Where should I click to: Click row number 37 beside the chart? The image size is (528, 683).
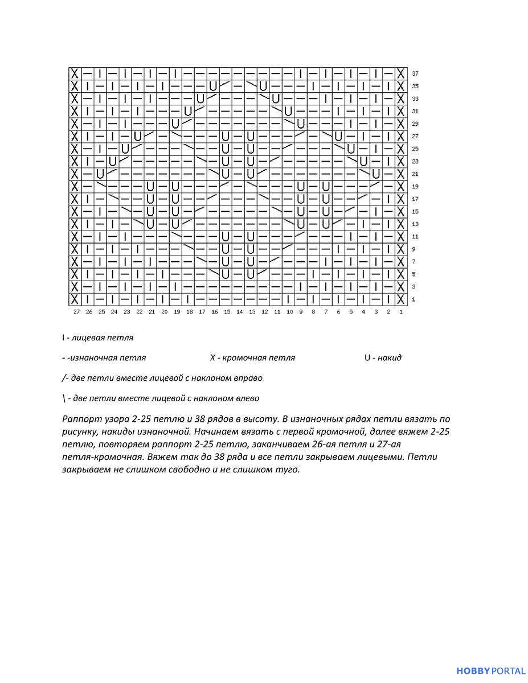click(x=415, y=74)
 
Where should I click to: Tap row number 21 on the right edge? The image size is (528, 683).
click(x=415, y=174)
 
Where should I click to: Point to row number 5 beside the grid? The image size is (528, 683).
click(x=414, y=274)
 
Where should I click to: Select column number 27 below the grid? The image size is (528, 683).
click(x=76, y=312)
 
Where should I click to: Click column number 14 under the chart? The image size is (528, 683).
click(x=239, y=312)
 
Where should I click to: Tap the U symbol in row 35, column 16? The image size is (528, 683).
click(x=213, y=87)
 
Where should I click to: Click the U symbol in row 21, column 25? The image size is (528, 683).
click(x=101, y=174)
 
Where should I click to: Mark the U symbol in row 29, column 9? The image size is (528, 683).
click(x=301, y=124)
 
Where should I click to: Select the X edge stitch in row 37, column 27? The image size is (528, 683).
click(x=75, y=74)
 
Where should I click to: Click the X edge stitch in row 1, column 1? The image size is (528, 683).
click(x=401, y=299)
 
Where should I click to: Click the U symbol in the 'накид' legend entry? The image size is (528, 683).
click(x=368, y=358)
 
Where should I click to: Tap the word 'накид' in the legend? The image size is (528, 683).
click(x=390, y=358)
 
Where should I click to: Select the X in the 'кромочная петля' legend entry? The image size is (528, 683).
click(x=212, y=358)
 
